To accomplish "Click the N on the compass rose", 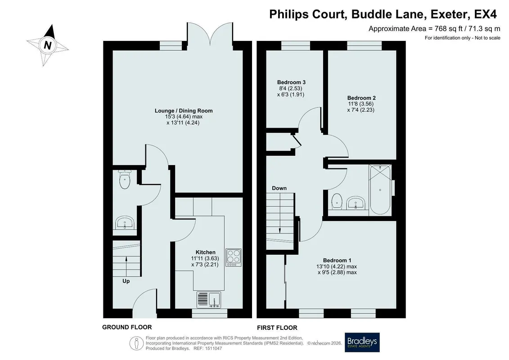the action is [x=48, y=45].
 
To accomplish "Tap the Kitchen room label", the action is [x=205, y=252].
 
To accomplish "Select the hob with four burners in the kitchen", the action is [x=234, y=257].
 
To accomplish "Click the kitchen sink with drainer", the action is [x=208, y=300].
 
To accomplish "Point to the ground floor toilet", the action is [x=125, y=179].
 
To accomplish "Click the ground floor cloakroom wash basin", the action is [x=125, y=223].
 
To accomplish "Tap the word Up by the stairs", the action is [x=126, y=281].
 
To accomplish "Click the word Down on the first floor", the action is [x=279, y=188].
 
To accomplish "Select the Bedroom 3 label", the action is [x=291, y=82].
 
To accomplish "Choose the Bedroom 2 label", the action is [x=361, y=98].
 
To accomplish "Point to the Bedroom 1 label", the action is [x=337, y=261].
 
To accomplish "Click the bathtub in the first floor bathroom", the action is [x=380, y=190].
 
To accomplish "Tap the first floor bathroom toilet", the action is [x=337, y=201].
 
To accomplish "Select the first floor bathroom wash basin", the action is [x=356, y=203].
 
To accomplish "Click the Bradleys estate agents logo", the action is [x=362, y=342].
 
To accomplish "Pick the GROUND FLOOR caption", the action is [x=127, y=327].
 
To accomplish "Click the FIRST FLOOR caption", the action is [x=277, y=328].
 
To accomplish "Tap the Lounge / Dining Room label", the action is [x=184, y=111].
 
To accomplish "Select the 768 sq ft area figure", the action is [x=448, y=28].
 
